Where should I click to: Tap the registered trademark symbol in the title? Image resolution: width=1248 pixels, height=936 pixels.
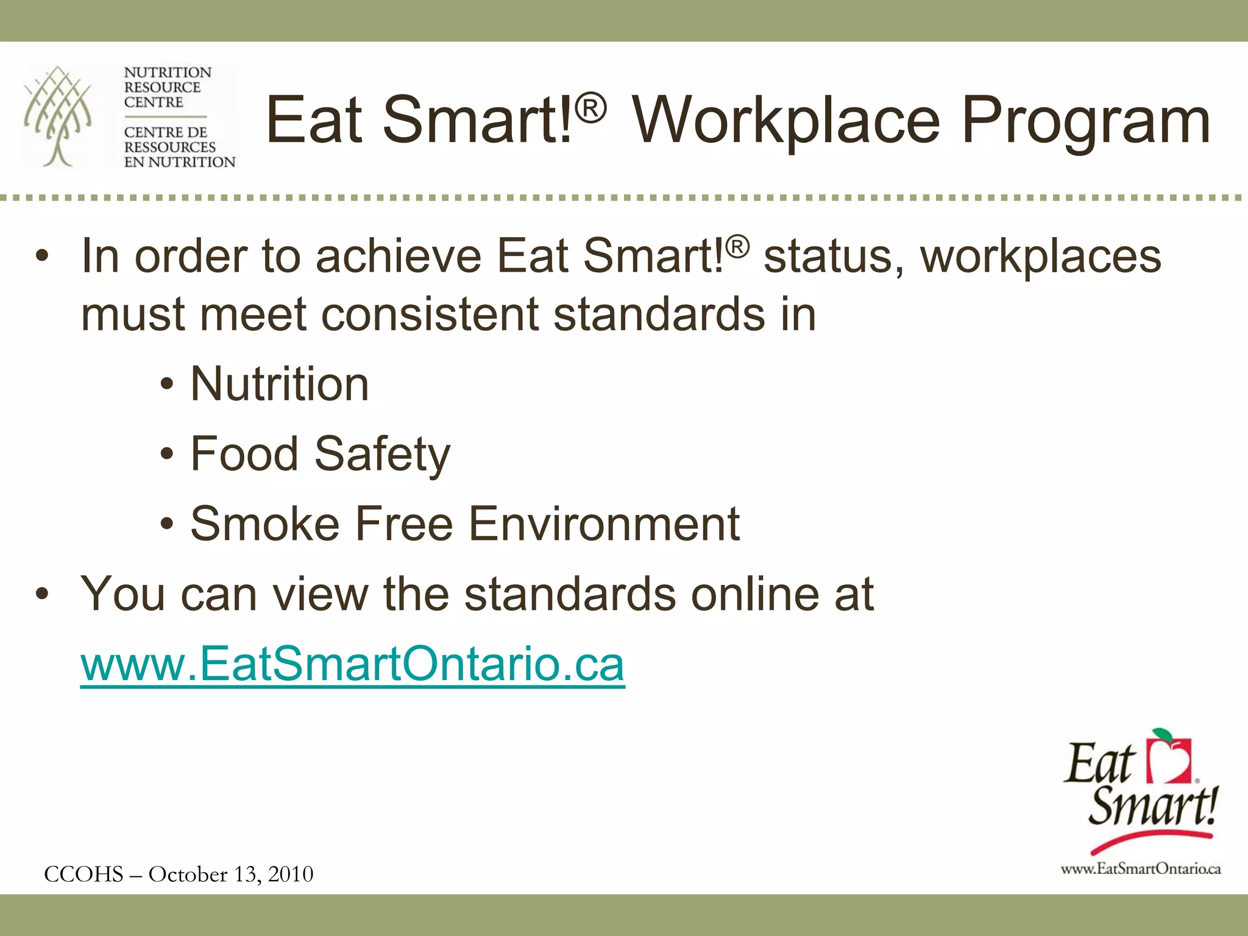coord(590,109)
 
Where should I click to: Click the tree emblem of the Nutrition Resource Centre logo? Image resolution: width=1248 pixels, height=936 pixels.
coord(58,116)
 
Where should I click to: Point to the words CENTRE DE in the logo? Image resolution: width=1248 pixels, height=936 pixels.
coord(165,132)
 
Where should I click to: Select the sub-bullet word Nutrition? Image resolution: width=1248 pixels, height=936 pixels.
coord(280,385)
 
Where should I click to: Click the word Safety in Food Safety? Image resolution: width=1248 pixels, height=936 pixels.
coord(382,455)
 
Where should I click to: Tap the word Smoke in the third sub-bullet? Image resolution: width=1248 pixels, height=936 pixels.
coord(264,524)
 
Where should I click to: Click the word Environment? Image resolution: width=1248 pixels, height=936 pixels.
coord(604,524)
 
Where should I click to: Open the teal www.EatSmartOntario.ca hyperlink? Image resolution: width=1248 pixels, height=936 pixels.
coord(352,664)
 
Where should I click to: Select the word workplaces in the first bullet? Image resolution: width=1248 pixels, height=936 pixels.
coord(1040,256)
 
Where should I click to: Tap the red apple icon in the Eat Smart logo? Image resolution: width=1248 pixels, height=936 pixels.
coord(1169,759)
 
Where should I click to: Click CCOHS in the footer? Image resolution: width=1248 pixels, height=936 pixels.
coord(83,874)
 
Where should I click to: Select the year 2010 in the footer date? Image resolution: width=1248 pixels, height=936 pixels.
coord(291,874)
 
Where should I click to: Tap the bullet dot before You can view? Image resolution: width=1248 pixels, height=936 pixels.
coord(41,594)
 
